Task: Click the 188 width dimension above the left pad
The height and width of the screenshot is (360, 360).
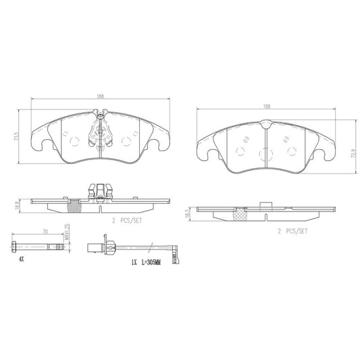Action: tap(101, 97)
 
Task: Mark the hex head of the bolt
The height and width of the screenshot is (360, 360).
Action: tap(15, 244)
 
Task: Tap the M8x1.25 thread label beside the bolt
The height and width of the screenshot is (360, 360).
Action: tap(67, 233)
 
